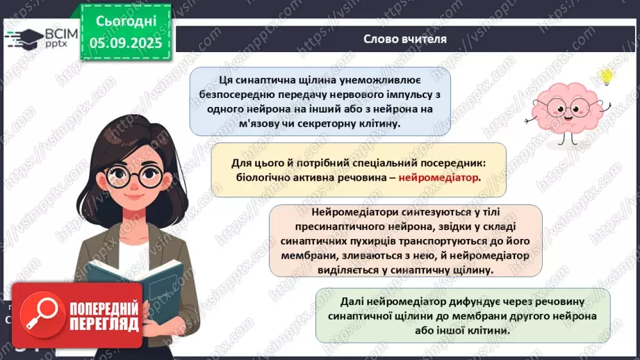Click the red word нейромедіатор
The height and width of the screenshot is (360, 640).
[x=438, y=177]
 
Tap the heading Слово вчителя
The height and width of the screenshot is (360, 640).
[x=405, y=39]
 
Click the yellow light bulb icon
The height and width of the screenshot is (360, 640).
[x=606, y=75]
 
